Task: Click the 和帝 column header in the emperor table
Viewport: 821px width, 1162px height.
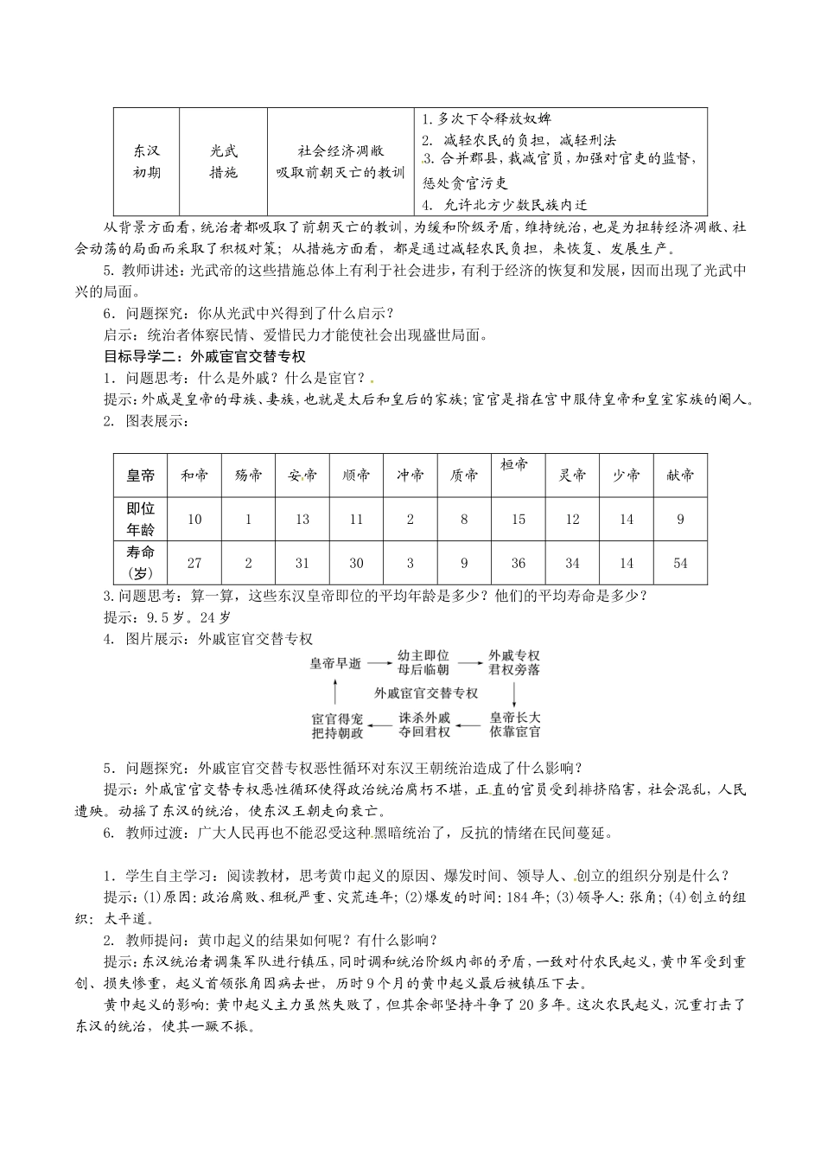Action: tap(194, 475)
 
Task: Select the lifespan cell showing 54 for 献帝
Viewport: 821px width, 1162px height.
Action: tap(680, 563)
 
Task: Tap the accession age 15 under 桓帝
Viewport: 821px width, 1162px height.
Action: tap(518, 519)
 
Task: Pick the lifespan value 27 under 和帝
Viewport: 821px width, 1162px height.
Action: tap(194, 563)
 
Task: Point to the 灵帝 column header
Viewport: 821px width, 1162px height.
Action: tap(572, 475)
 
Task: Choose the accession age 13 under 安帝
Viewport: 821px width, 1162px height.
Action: tap(302, 519)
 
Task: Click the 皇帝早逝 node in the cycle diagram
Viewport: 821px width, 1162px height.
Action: tap(335, 663)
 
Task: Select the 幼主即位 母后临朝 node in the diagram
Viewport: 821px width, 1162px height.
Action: tap(423, 663)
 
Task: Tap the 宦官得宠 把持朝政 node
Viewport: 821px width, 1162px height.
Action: tap(336, 725)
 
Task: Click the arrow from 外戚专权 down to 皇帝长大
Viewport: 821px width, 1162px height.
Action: tap(514, 693)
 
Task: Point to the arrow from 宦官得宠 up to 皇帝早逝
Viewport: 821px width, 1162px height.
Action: tap(335, 693)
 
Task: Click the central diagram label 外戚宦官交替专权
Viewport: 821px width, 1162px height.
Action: tap(426, 693)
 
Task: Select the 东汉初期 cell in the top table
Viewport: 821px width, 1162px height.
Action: tap(146, 161)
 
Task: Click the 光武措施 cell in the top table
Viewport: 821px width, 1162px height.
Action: tap(223, 161)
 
